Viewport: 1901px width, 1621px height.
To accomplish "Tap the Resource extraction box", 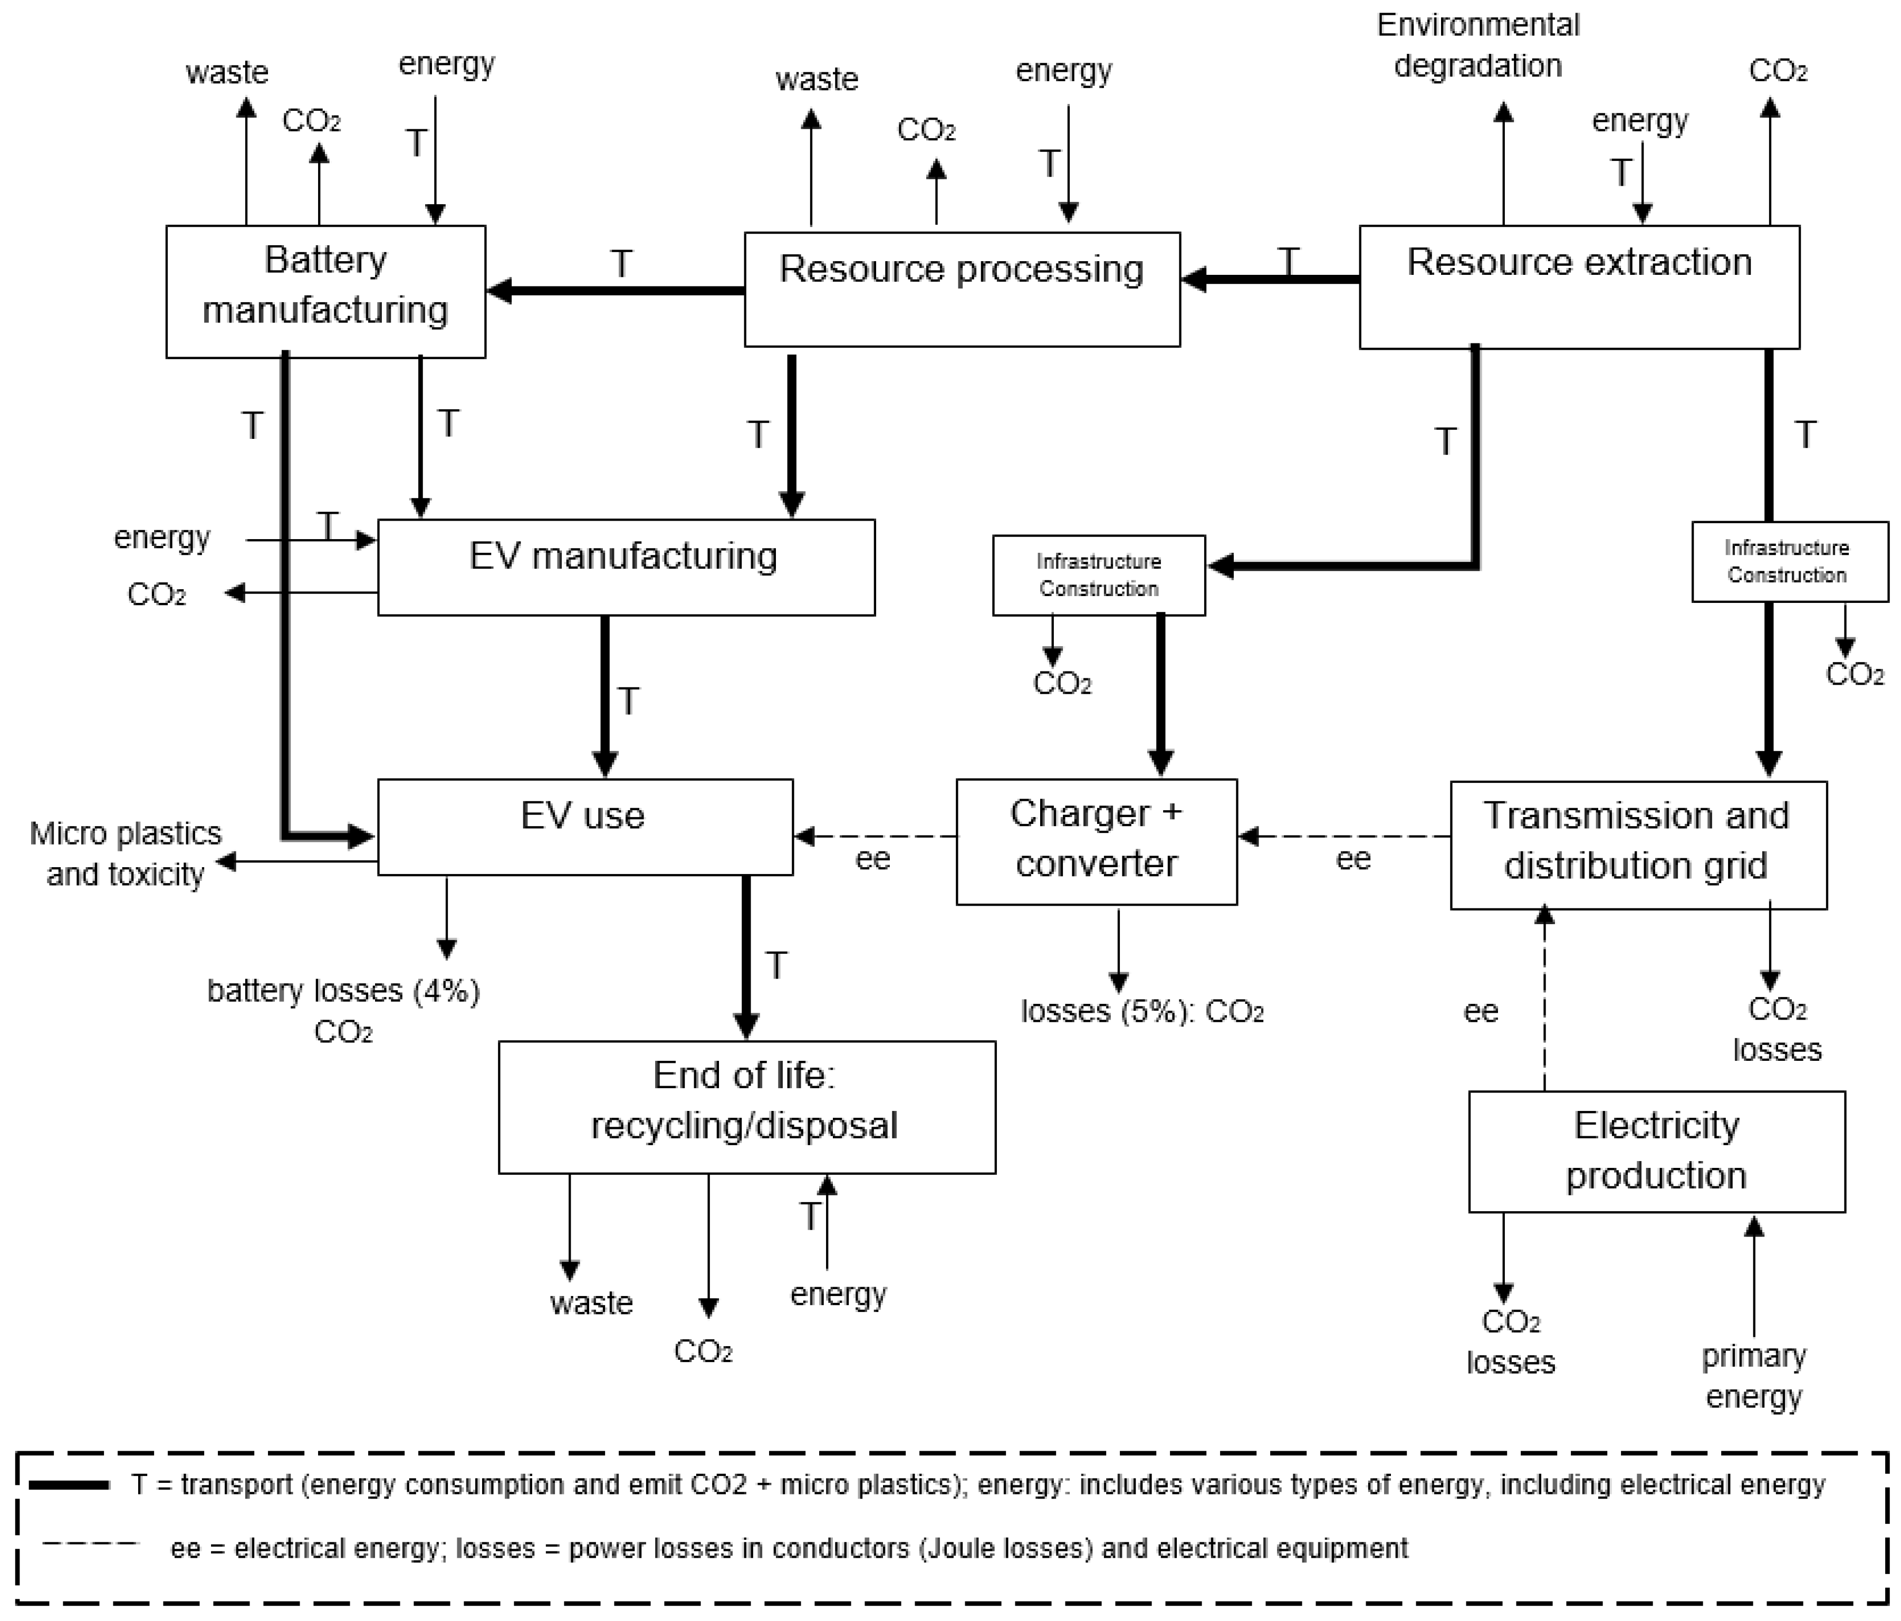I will tap(1578, 286).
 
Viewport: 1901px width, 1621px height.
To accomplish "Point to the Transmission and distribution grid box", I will tap(1638, 844).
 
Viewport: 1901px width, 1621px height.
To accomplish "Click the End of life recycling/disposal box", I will tap(746, 1106).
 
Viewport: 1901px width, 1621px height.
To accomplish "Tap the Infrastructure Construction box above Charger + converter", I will tap(1098, 575).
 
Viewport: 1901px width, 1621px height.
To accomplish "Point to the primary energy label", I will tap(1753, 1376).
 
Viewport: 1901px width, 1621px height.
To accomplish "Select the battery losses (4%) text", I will tap(343, 991).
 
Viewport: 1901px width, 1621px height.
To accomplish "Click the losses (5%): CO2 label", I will tap(1142, 1011).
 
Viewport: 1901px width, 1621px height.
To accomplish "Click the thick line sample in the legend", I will tap(69, 1484).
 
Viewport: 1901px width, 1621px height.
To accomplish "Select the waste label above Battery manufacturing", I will tap(227, 72).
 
